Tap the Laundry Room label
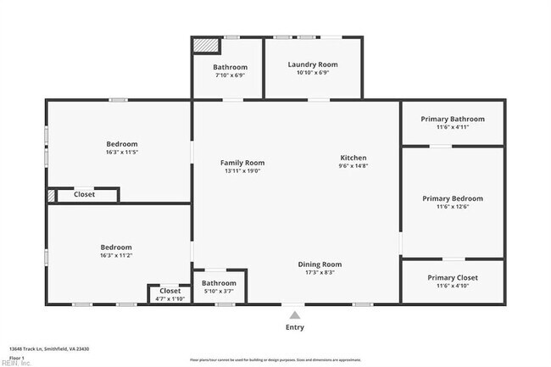312,64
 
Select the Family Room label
242,163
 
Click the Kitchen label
353,158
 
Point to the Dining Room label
320,264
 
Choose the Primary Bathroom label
453,119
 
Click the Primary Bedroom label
453,198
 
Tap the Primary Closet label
453,278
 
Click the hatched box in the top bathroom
206,45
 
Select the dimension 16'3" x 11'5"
121,153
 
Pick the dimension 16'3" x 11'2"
116,255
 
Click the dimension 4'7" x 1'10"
170,298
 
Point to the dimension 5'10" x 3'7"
219,292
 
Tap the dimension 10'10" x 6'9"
312,73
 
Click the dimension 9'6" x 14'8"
353,166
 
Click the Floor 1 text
17,357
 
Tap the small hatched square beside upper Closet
52,195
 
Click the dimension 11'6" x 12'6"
453,207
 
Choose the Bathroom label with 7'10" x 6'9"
230,67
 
